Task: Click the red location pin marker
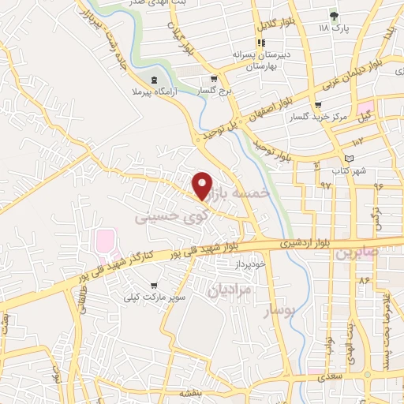coord(203,185)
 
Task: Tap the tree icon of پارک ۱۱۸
coord(334,15)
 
